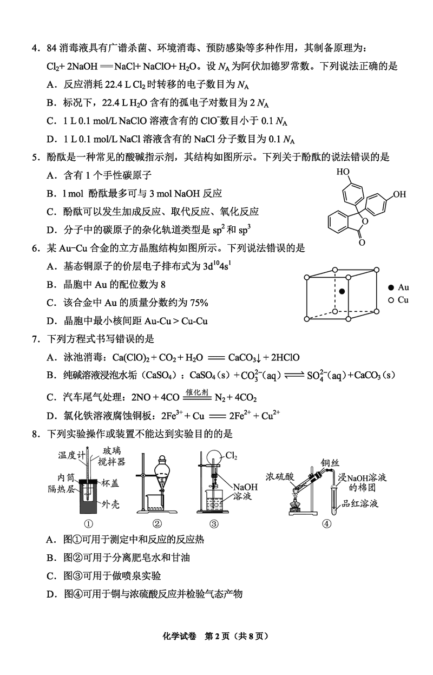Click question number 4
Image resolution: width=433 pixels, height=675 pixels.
(x=34, y=49)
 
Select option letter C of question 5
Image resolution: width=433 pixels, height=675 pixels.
(x=51, y=212)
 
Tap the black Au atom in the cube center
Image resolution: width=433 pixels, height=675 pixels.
(x=342, y=292)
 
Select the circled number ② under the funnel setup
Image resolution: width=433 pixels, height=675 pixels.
(x=157, y=523)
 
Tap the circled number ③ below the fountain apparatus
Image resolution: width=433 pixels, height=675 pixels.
(x=214, y=523)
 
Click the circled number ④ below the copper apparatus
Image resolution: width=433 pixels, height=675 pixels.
(x=326, y=523)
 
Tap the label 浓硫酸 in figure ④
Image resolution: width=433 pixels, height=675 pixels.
(x=279, y=476)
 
